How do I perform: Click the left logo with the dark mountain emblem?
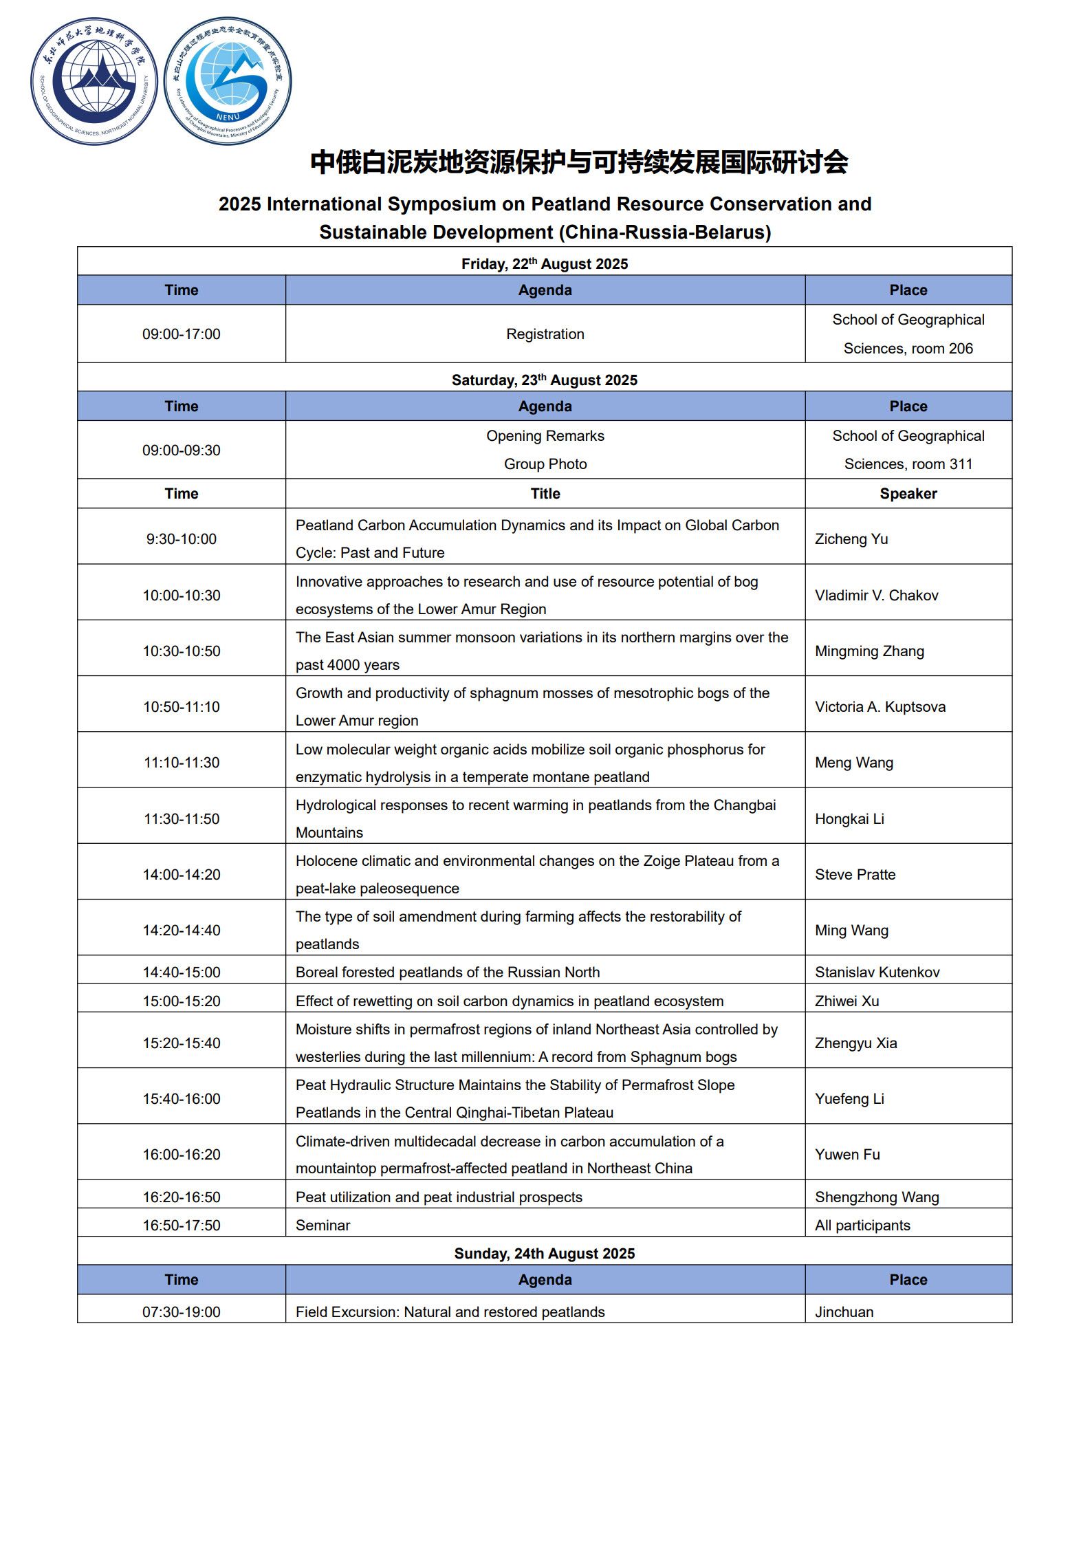click(x=94, y=81)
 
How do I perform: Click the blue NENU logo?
click(x=228, y=81)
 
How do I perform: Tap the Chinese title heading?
click(x=578, y=162)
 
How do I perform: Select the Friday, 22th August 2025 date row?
click(x=545, y=264)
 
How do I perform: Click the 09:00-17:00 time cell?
click(x=182, y=334)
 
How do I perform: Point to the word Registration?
click(x=545, y=334)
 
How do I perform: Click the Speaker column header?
click(x=908, y=494)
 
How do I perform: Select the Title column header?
click(x=545, y=494)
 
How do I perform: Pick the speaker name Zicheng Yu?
click(x=851, y=539)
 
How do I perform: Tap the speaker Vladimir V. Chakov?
click(x=876, y=596)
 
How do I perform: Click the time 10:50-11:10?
click(x=182, y=707)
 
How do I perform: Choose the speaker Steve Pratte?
click(x=855, y=875)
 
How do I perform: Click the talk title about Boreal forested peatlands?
click(x=448, y=972)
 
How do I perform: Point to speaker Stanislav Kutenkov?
click(x=877, y=972)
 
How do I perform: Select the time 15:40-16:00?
click(x=182, y=1099)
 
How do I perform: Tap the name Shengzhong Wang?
click(x=877, y=1197)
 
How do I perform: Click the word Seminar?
click(x=323, y=1226)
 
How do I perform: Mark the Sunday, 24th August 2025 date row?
click(x=545, y=1254)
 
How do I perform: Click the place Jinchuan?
click(x=844, y=1312)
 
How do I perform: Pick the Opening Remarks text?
click(x=545, y=436)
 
